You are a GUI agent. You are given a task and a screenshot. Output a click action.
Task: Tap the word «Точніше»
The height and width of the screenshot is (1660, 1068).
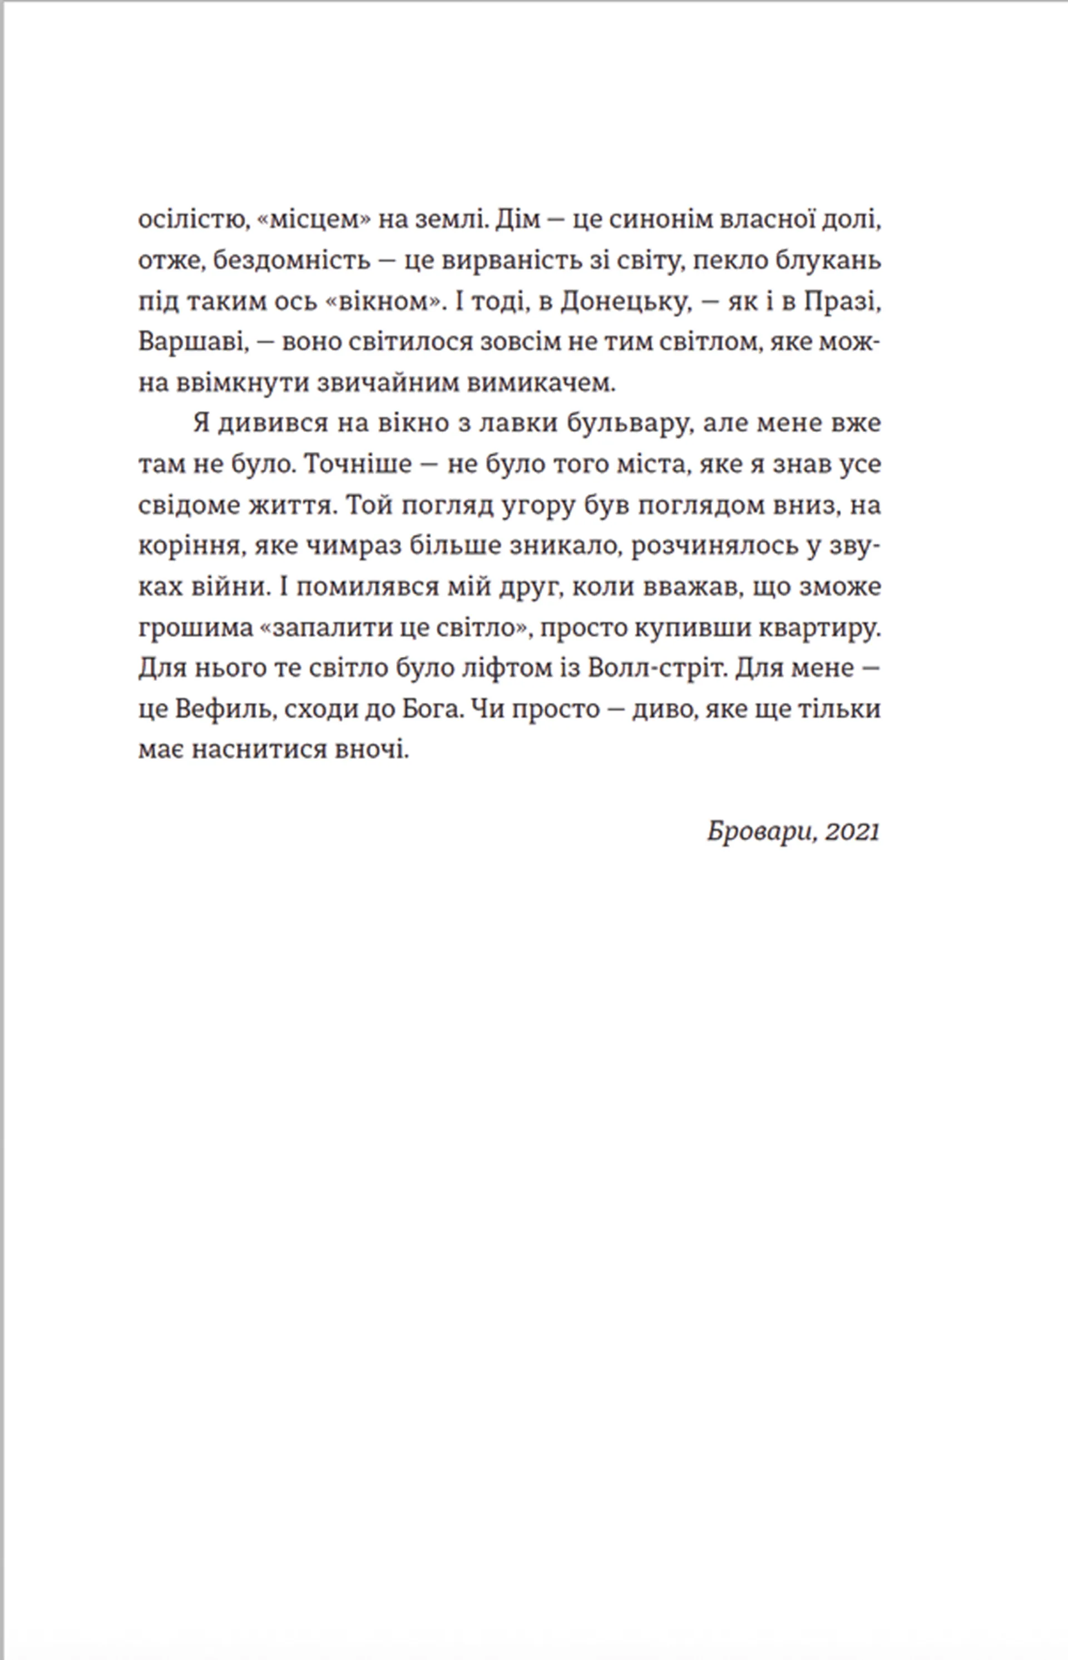pos(359,465)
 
